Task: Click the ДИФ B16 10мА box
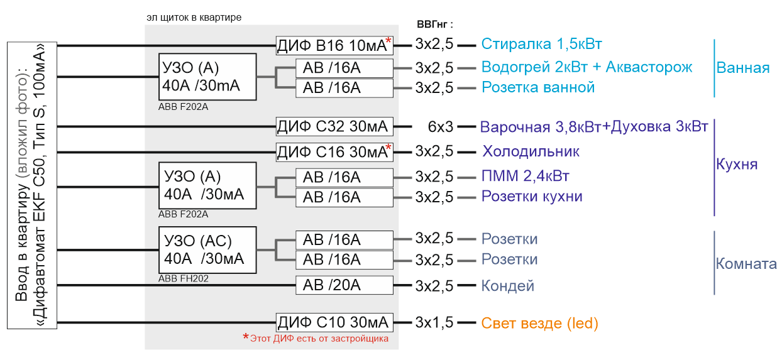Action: tap(334, 45)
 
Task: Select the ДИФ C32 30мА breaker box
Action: tap(334, 126)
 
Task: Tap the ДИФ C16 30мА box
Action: tap(334, 152)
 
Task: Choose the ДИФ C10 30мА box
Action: tap(334, 322)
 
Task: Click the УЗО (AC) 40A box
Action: tap(207, 250)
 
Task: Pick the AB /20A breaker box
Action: tap(344, 285)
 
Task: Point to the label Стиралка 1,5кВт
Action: tap(541, 44)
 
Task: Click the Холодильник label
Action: tap(531, 151)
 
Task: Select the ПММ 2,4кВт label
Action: tap(526, 176)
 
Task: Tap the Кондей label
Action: tap(507, 286)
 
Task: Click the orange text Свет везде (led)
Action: tap(540, 323)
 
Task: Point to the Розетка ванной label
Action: tap(538, 87)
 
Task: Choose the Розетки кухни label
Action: tap(532, 197)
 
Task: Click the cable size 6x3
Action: tap(441, 127)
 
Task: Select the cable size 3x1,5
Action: tap(434, 322)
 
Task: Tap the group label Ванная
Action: tap(743, 68)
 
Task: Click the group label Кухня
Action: tap(737, 164)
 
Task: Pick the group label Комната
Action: tap(746, 264)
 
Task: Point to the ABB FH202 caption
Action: tap(184, 278)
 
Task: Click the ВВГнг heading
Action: tap(435, 25)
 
